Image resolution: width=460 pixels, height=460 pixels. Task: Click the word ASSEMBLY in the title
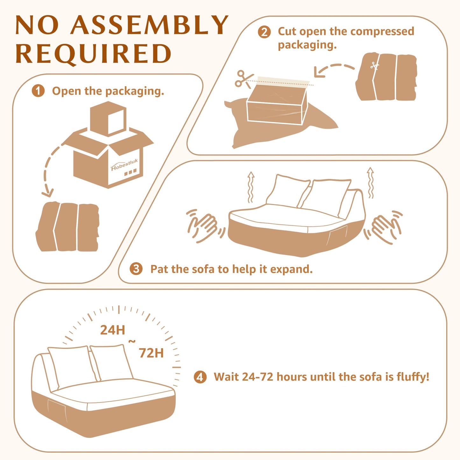pos(149,25)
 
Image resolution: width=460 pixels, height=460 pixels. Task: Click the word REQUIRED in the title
pos(93,54)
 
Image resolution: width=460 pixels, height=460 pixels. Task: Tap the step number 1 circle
pos(38,91)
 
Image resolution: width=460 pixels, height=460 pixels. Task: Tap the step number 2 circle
pos(264,32)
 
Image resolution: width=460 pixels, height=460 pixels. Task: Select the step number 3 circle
pos(136,269)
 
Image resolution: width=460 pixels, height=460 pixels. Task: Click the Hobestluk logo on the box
pos(124,165)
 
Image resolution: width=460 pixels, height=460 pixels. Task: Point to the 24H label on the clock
pos(112,330)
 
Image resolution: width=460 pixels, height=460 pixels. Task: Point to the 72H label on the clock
pos(151,353)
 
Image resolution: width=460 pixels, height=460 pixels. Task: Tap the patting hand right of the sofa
pos(383,227)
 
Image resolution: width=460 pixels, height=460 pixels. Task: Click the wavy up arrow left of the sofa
pos(251,187)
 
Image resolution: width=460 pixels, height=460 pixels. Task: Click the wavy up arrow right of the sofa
pos(370,183)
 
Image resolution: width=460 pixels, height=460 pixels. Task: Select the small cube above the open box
pos(108,118)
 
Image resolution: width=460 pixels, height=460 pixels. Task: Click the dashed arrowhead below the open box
pos(47,193)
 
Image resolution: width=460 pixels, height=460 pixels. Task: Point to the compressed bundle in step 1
pos(67,226)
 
